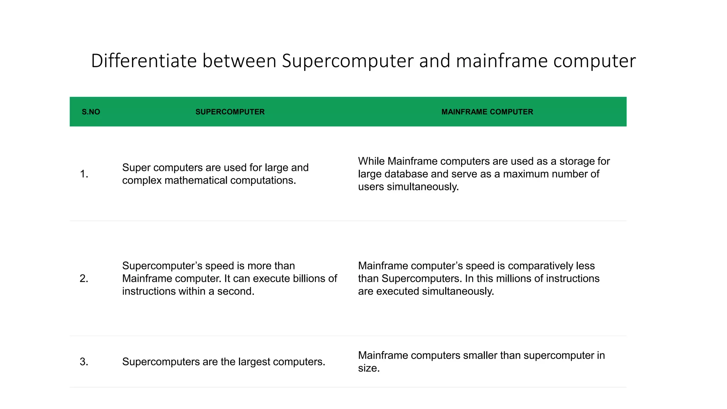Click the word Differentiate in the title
(144, 61)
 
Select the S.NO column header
(91, 112)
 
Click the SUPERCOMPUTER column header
(230, 112)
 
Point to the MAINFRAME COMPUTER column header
(487, 112)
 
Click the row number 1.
(84, 174)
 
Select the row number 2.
(84, 278)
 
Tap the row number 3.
(84, 362)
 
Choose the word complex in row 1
(142, 180)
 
